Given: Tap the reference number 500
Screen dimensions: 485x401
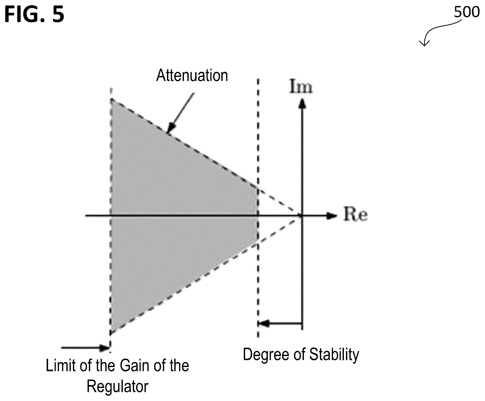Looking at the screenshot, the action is [467, 12].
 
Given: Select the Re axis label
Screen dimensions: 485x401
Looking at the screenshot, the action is [356, 215].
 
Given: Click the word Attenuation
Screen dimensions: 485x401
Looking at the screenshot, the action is [192, 75].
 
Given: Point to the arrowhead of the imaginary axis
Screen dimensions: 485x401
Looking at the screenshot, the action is [302, 103].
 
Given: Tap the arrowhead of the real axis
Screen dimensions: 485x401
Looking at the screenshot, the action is [332, 216].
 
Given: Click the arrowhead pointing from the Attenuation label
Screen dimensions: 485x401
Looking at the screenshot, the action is [171, 128].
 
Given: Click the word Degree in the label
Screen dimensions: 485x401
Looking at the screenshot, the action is [264, 355].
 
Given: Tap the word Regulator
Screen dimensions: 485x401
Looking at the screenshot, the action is [118, 386].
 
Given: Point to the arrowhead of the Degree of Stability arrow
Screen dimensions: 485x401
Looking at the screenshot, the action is [263, 324].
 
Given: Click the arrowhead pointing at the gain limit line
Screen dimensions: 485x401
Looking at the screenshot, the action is [105, 348].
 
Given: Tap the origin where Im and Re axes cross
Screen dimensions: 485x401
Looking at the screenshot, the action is [302, 216].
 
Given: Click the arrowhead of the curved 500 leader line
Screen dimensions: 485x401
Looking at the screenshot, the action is [424, 44].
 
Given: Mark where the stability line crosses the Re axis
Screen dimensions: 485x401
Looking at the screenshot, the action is [258, 216].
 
